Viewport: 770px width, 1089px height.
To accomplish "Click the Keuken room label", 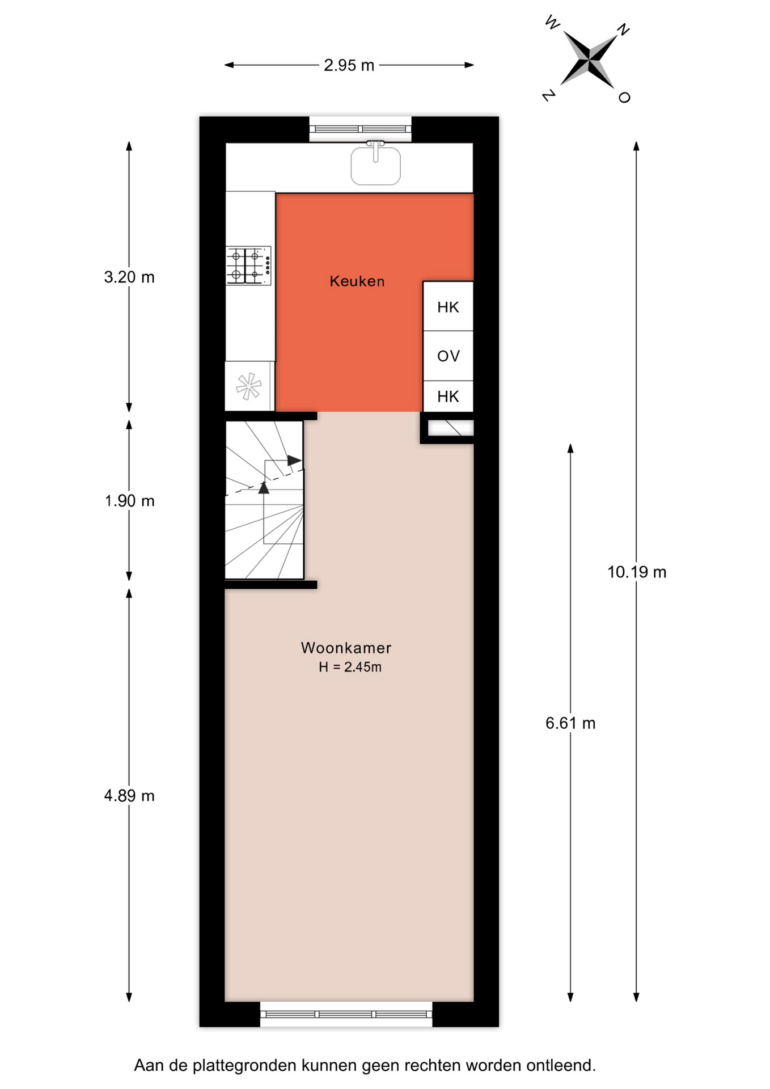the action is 357,281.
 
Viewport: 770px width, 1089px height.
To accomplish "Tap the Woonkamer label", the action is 346,648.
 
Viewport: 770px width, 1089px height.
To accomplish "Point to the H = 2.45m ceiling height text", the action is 350,667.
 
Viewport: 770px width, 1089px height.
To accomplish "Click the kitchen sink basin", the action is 375,165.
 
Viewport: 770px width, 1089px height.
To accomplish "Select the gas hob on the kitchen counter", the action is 248,265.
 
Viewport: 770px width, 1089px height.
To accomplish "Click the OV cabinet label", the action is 448,356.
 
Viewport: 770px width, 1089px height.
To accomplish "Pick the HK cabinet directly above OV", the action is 448,306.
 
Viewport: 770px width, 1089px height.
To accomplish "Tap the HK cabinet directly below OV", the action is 448,396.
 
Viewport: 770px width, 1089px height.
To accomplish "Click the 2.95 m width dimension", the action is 349,65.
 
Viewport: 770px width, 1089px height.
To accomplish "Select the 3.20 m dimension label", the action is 129,277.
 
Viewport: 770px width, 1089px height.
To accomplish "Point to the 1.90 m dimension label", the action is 129,501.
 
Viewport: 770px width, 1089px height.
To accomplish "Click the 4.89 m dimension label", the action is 129,796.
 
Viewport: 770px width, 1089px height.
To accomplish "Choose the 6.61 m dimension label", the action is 570,723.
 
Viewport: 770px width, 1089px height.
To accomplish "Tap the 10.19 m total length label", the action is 637,572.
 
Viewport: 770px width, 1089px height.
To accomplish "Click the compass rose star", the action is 590,58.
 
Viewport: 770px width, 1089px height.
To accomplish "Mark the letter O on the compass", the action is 624,98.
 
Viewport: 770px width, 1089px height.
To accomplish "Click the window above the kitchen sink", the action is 360,129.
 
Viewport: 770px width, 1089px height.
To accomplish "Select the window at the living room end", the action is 346,1014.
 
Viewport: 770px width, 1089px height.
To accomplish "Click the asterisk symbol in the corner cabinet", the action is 249,386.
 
